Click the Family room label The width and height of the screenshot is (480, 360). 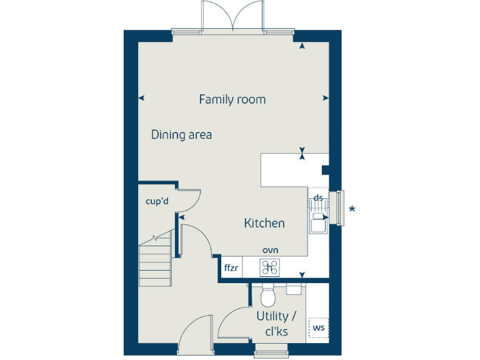pos(232,99)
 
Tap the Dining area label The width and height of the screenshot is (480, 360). pos(181,134)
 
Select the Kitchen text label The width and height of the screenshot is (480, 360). pos(264,223)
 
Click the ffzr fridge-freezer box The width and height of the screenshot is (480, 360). pos(231,268)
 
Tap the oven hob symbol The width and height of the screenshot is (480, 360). pos(270,267)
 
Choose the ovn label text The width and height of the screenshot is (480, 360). pos(270,250)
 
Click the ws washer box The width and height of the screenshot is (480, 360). pos(318,327)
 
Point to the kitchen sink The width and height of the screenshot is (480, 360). pos(317,222)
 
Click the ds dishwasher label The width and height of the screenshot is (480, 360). pos(318,198)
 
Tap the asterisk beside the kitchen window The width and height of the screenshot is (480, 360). pos(352,209)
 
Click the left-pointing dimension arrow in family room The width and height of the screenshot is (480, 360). pos(141,98)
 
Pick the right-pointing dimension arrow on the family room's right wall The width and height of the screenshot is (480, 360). pos(324,98)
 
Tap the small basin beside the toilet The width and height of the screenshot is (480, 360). pos(294,289)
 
